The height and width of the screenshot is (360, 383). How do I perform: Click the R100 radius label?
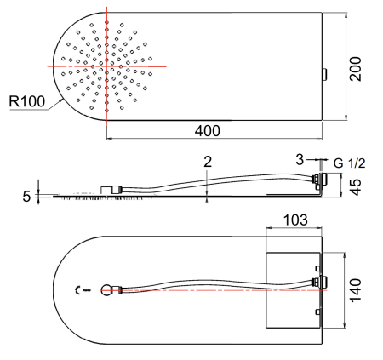click(27, 101)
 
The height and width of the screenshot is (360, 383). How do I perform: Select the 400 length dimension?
click(208, 131)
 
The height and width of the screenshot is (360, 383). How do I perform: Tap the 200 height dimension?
click(355, 69)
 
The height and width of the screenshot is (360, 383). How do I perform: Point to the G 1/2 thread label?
click(349, 163)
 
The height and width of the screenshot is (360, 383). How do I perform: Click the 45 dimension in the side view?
click(356, 187)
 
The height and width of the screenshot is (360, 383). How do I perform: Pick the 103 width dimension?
click(295, 220)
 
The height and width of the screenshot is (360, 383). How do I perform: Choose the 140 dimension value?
click(355, 290)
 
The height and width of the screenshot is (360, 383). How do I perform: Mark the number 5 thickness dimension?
click(26, 197)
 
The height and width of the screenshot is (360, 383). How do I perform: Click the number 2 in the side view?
click(208, 162)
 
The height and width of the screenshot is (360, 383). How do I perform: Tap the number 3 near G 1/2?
click(300, 160)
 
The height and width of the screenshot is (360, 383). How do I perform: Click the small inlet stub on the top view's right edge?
click(324, 75)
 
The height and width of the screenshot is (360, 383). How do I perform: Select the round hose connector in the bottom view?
click(106, 290)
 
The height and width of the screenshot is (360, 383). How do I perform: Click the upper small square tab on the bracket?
click(318, 268)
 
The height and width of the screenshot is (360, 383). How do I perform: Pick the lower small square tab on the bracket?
click(318, 312)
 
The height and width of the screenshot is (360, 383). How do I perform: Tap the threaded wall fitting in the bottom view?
click(319, 283)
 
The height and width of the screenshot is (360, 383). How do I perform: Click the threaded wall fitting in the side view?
click(319, 180)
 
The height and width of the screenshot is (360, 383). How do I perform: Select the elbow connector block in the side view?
click(106, 190)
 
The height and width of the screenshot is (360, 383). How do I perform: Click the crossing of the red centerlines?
click(106, 66)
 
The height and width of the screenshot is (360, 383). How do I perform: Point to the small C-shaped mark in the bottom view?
click(77, 290)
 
